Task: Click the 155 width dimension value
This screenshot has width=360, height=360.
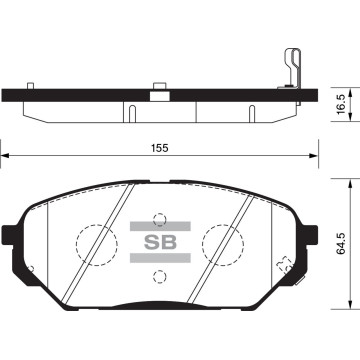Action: click(x=161, y=146)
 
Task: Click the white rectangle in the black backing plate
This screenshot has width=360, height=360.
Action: click(x=157, y=97)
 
